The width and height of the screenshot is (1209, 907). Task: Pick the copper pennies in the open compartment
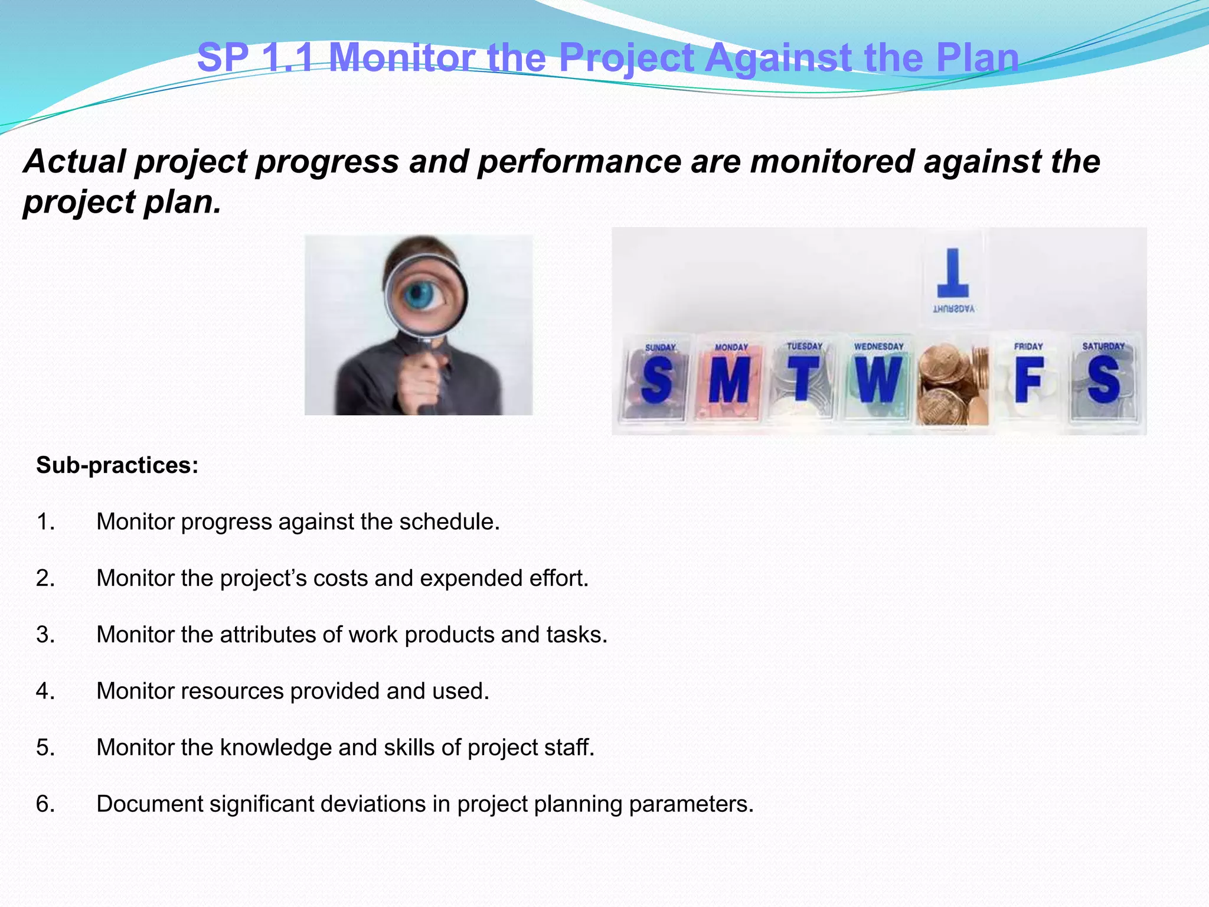[952, 384]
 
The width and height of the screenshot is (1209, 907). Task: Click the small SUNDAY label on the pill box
[660, 348]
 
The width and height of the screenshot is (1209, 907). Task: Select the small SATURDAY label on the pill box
[1103, 347]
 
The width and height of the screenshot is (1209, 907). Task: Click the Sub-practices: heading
[117, 465]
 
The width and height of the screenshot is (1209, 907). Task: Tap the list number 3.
[45, 635]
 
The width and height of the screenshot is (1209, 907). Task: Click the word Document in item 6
[149, 804]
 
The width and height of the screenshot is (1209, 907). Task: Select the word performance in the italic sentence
[579, 162]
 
